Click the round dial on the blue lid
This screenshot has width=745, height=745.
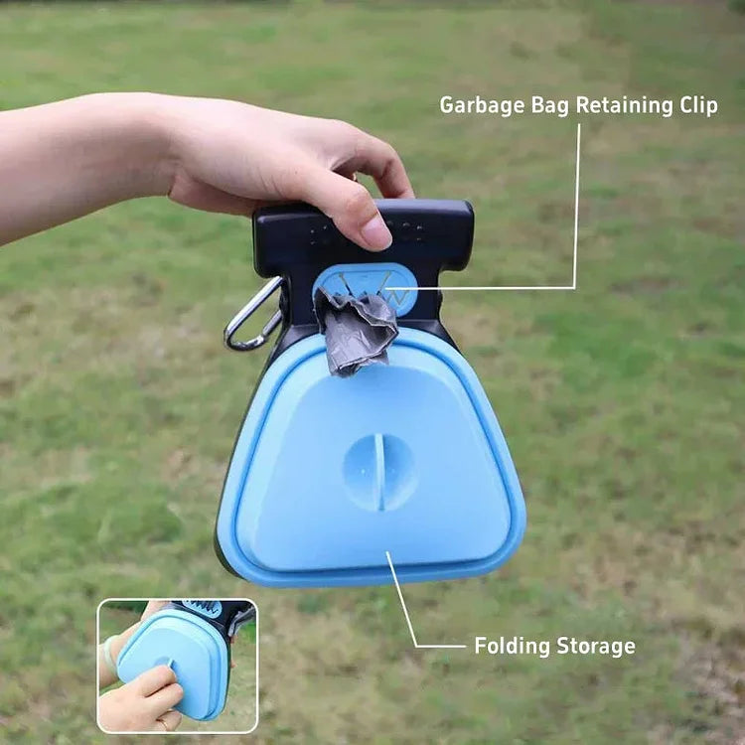coord(379,472)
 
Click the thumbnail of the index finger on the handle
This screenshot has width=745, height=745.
coord(376,233)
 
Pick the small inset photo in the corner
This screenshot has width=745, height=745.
coord(177,665)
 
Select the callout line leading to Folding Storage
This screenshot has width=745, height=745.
coord(407,606)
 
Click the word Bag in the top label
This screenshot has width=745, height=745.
coord(548,105)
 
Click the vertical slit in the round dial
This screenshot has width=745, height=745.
coord(379,473)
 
